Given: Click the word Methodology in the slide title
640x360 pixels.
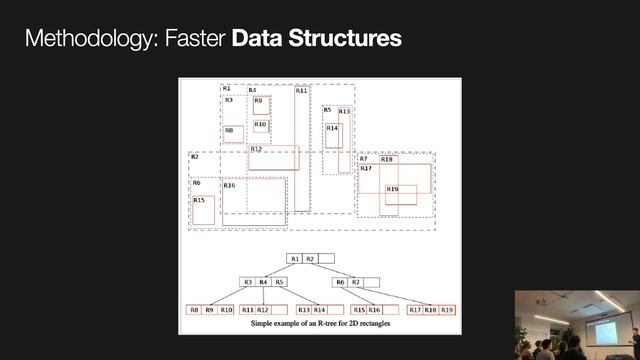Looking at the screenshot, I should click(88, 39).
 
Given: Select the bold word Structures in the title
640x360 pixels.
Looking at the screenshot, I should click(341, 39).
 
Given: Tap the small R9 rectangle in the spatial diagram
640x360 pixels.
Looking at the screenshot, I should click(260, 105).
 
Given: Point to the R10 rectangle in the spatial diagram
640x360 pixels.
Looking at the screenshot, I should click(261, 126).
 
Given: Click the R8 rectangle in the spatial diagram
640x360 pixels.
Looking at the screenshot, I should click(232, 134).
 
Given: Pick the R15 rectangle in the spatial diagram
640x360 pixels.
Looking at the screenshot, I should click(203, 209).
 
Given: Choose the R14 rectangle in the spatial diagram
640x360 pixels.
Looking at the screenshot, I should click(333, 136).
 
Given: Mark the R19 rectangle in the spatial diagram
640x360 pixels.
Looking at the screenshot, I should click(399, 194).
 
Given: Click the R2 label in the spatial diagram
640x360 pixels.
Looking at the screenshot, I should click(195, 158).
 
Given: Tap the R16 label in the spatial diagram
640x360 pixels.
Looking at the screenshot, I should click(229, 186).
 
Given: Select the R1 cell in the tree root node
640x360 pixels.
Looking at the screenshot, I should click(295, 259).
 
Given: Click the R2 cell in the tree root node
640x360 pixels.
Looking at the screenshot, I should click(310, 259).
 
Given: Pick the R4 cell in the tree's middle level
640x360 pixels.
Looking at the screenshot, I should click(263, 282).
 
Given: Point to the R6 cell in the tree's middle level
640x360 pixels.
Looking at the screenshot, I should click(340, 282).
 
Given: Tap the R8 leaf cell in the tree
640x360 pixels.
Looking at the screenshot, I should click(194, 310).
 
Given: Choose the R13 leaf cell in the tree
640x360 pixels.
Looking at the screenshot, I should click(304, 310).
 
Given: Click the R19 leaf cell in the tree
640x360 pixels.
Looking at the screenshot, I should click(447, 310).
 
